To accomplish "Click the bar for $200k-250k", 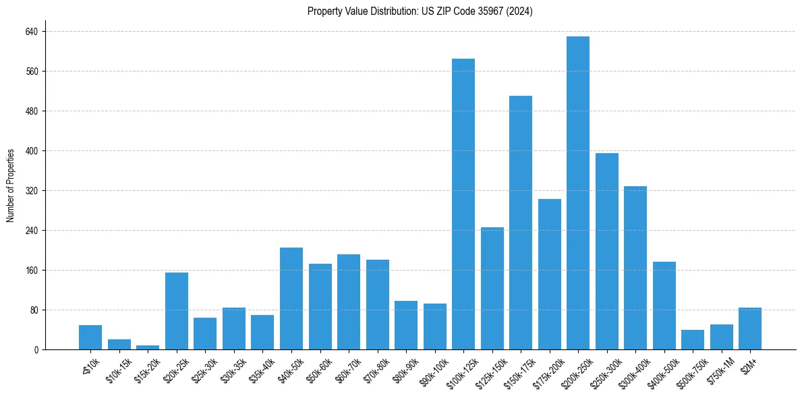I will tap(577, 193).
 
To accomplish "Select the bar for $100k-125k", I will tap(463, 204).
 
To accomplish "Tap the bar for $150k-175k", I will tap(520, 223).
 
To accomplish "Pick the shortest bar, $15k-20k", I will tap(148, 347).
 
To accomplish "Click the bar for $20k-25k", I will tap(176, 311).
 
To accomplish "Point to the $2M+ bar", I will tap(749, 329).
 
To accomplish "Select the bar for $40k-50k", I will tap(291, 299).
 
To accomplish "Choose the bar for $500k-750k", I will tap(692, 340).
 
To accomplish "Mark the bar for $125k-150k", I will tap(492, 289).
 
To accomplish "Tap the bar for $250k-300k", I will tap(606, 252).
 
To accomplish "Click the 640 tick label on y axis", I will tap(32, 32).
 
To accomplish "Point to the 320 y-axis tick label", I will tap(32, 191).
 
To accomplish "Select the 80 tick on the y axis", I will tap(34, 310).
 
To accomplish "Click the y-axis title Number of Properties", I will tap(11, 186).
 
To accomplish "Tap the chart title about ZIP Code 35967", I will tap(420, 11).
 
